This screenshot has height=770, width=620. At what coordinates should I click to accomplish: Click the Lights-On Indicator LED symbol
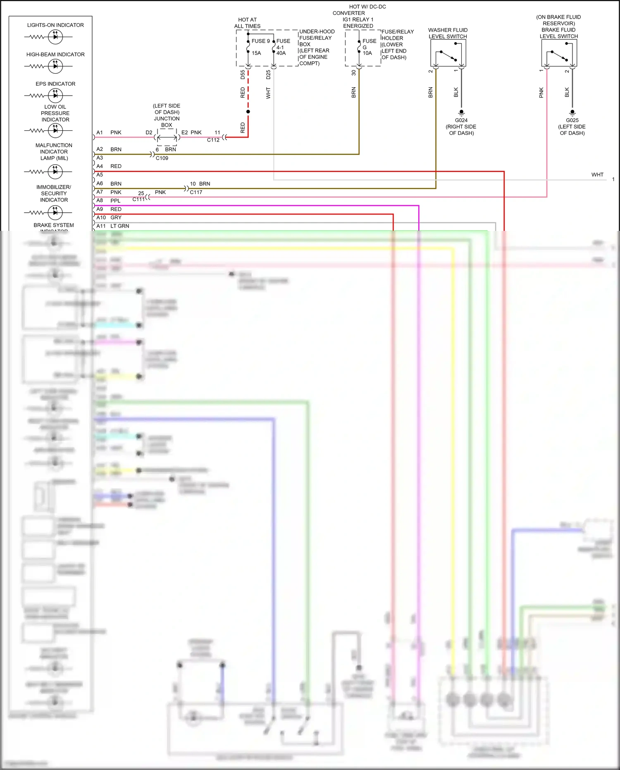55,37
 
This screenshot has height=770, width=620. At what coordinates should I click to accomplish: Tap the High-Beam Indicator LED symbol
55,66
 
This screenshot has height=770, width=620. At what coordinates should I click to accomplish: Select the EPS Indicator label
55,84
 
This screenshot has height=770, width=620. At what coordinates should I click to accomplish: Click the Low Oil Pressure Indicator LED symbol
55,131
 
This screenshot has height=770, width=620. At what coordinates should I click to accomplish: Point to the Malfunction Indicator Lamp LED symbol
55,171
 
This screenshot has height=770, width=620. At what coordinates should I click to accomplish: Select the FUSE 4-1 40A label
283,47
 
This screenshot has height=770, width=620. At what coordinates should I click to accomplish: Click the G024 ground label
461,120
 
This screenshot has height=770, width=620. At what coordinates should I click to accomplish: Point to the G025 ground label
572,120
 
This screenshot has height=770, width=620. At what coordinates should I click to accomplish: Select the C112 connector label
213,140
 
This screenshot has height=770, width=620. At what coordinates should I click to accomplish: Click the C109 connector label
162,158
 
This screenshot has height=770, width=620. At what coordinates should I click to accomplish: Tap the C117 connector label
196,192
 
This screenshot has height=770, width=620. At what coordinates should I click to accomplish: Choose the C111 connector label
138,199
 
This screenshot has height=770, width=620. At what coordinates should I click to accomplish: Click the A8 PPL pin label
108,201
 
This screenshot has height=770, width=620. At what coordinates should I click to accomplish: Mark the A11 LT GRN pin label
113,226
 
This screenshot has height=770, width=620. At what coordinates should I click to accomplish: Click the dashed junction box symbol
167,137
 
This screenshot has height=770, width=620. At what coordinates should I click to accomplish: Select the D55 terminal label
243,75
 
